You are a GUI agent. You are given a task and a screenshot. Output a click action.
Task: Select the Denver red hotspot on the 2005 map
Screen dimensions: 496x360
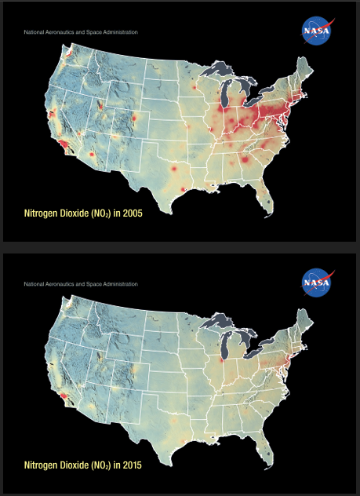coord(134,119)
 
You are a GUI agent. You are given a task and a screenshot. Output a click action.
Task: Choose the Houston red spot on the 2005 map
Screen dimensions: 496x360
coord(182,189)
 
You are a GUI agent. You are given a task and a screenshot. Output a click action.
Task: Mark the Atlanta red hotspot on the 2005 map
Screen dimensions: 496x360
coord(245,160)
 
